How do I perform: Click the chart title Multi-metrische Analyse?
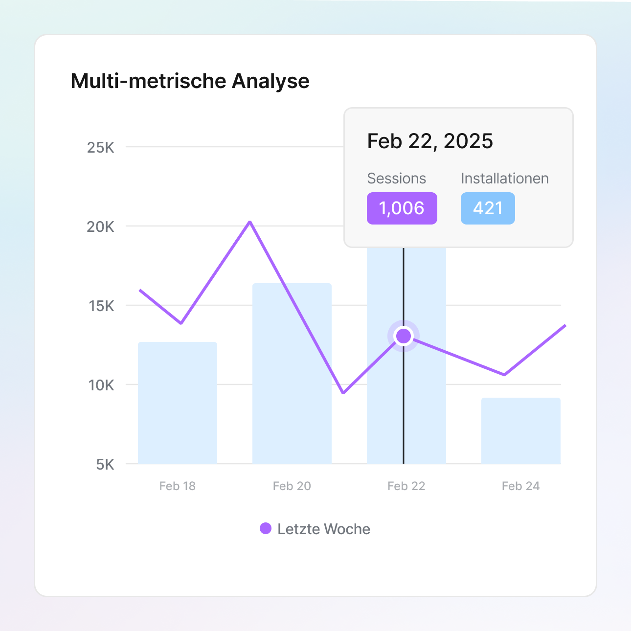point(190,81)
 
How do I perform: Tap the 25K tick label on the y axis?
point(101,147)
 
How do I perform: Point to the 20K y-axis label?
point(101,226)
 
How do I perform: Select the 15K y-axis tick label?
point(101,306)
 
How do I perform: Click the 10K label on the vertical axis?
point(101,385)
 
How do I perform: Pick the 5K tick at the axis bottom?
point(105,464)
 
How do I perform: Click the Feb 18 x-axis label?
point(177,486)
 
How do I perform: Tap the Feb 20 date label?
point(292,486)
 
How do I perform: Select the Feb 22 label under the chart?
point(406,486)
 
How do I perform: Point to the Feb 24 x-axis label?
point(520,486)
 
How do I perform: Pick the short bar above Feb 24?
point(520,430)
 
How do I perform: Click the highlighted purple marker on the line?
point(404,336)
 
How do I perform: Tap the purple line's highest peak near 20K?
point(250,222)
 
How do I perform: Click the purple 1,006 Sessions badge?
point(402,208)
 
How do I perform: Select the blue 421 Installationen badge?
point(488,208)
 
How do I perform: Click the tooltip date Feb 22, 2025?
point(430,141)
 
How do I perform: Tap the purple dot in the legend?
point(266,528)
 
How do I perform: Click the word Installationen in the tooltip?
point(504,179)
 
